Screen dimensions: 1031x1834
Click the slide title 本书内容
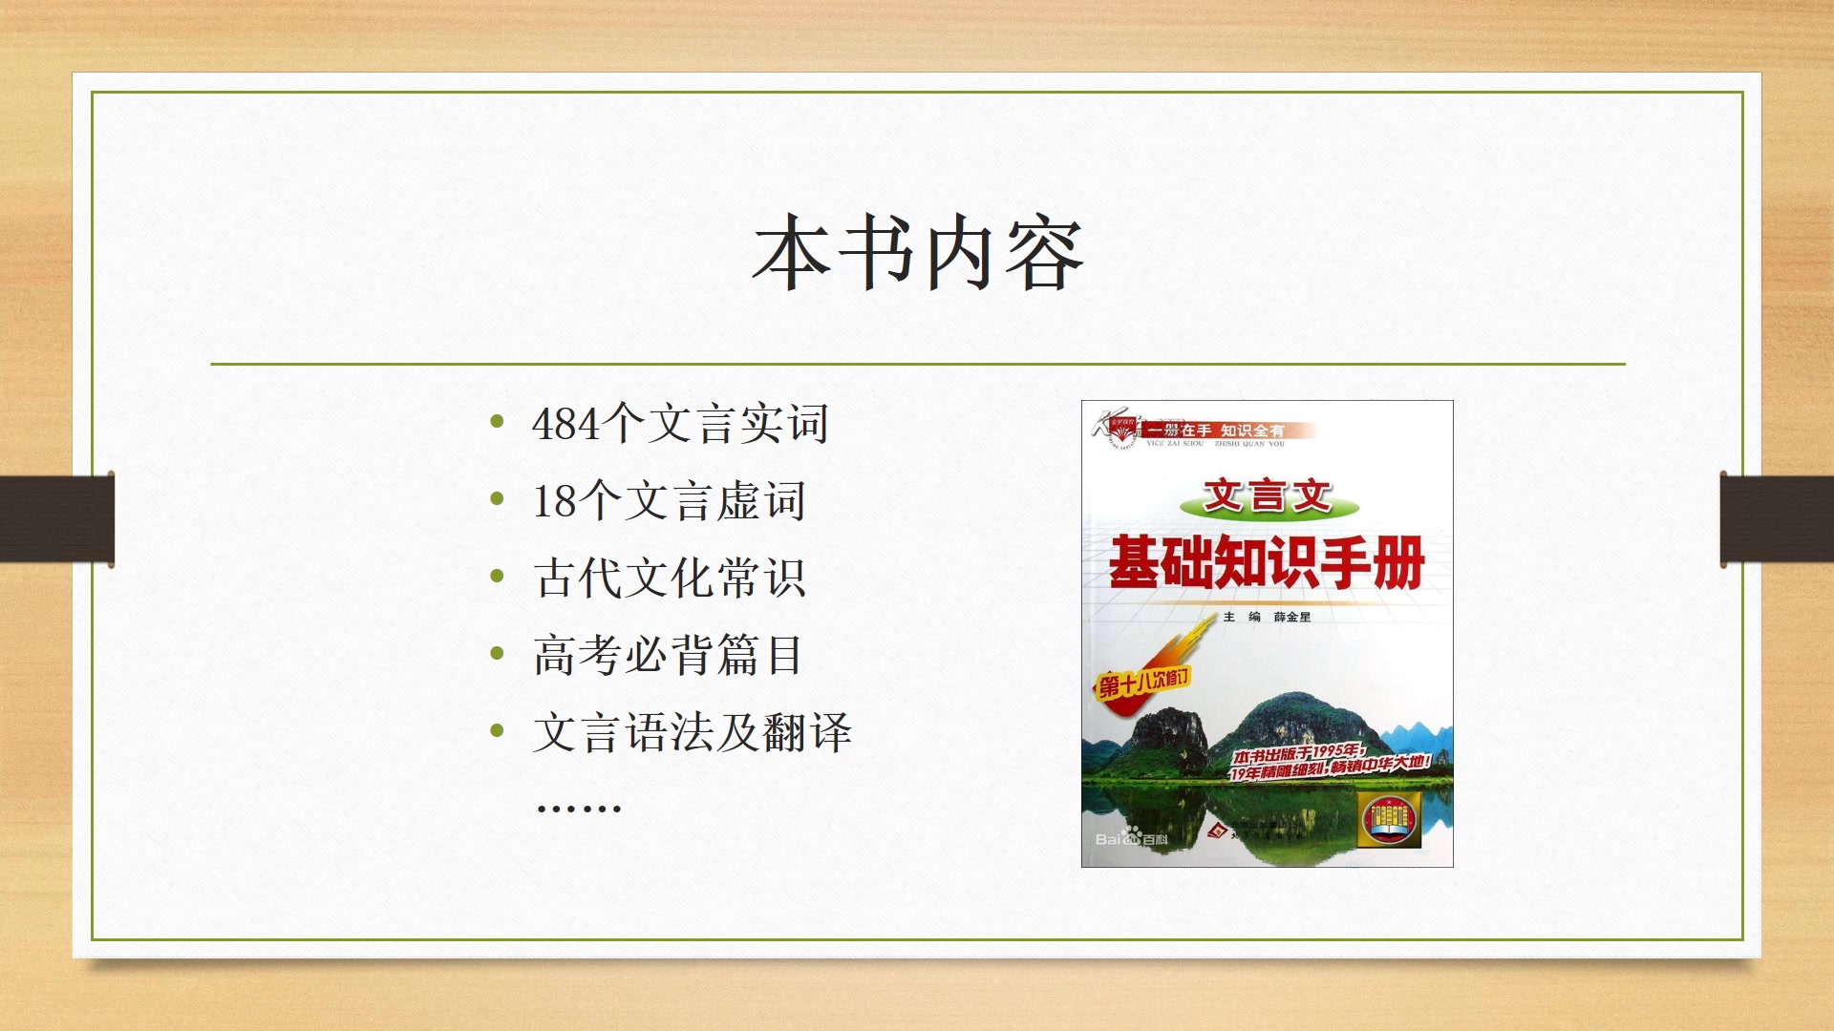tap(917, 253)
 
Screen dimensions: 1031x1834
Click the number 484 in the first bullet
tap(565, 425)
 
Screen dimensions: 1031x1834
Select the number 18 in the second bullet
tap(554, 502)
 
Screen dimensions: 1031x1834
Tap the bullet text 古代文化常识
tap(669, 579)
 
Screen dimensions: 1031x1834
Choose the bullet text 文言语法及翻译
tap(692, 733)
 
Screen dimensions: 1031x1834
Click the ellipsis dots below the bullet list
tap(579, 809)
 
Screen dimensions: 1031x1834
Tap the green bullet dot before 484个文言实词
tap(497, 421)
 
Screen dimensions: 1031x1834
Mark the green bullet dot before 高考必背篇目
tap(497, 653)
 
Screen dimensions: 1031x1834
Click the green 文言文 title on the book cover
tap(1267, 496)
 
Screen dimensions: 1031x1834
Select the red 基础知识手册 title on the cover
tap(1267, 563)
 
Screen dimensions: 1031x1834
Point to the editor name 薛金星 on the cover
tap(1291, 618)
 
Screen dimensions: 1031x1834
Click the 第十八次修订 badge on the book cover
tap(1143, 683)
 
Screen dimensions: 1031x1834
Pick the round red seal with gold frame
tap(1390, 819)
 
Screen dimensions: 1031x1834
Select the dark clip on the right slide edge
tap(1777, 519)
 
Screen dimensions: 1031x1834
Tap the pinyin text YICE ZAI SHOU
tap(1175, 444)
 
